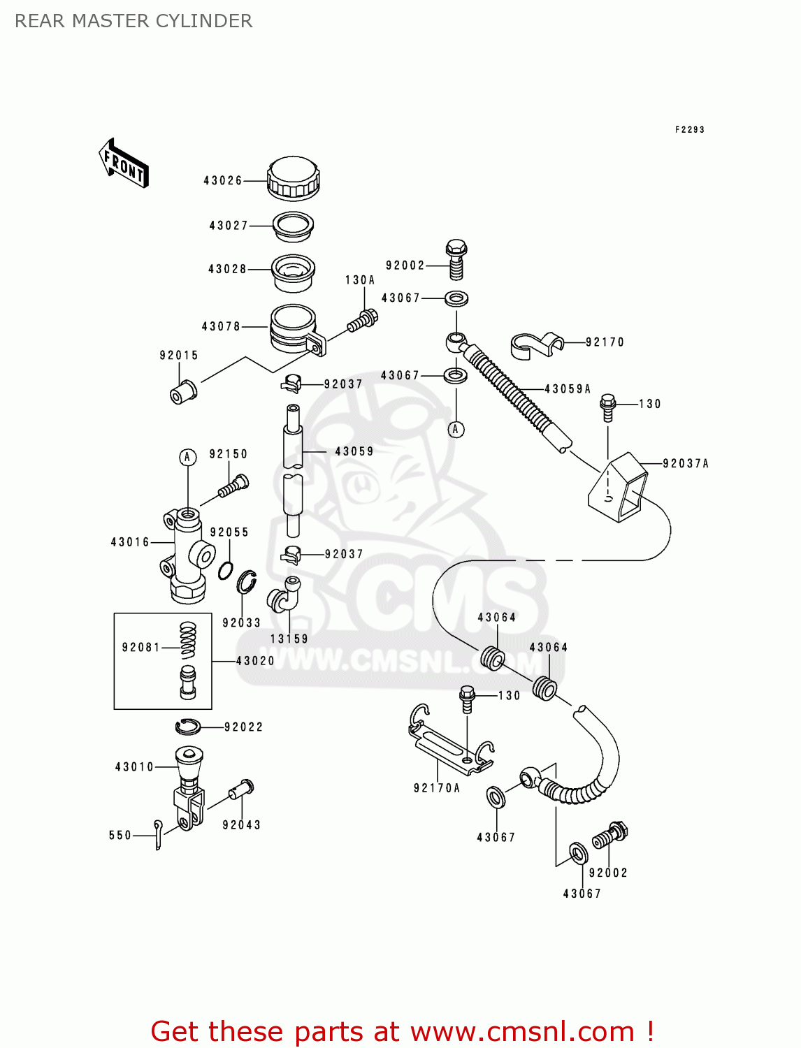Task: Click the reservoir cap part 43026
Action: click(293, 179)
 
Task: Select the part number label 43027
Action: click(229, 226)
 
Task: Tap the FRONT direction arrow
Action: click(124, 163)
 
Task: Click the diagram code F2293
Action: click(689, 129)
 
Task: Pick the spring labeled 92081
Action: click(188, 640)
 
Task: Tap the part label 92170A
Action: click(437, 788)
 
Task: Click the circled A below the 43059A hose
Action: click(456, 429)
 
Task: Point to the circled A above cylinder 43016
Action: click(187, 458)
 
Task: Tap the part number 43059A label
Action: click(568, 389)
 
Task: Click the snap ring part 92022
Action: click(188, 727)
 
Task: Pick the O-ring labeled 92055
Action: click(225, 571)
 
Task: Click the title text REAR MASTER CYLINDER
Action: click(133, 21)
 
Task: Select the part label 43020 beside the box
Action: click(255, 661)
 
